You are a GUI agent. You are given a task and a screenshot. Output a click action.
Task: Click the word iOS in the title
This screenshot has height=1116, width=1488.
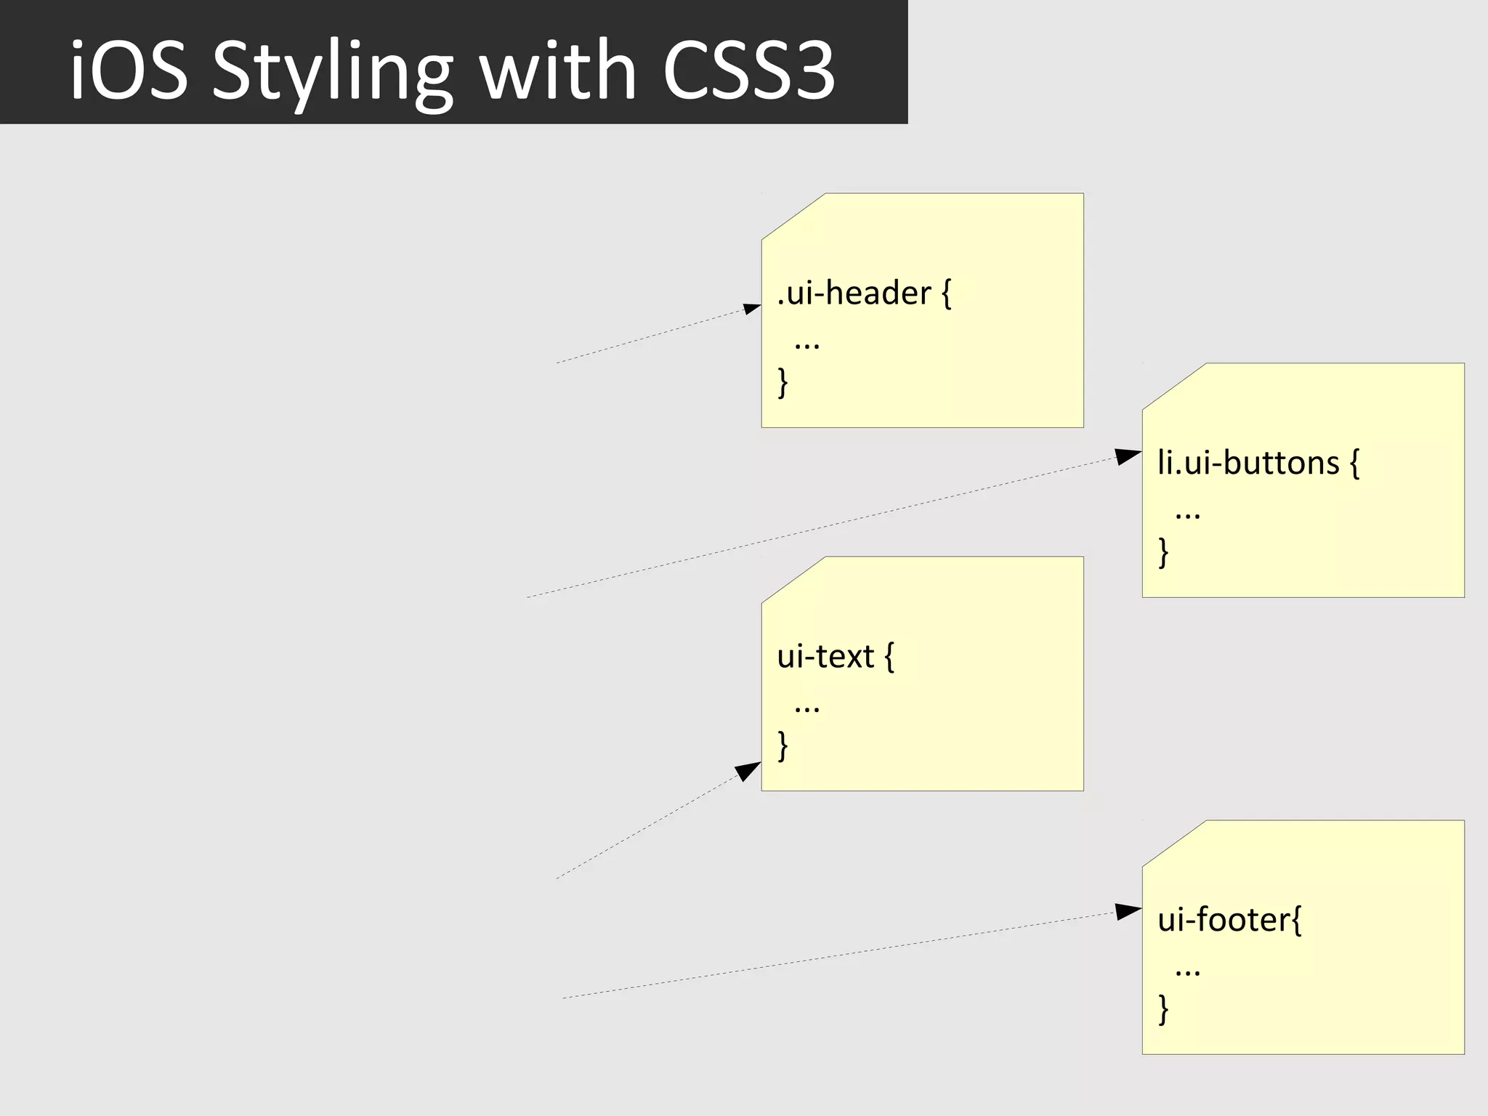click(129, 70)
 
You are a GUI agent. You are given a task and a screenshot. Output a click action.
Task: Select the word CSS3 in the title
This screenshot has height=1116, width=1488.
click(749, 70)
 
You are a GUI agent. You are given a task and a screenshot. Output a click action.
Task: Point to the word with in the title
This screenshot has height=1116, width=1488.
click(558, 70)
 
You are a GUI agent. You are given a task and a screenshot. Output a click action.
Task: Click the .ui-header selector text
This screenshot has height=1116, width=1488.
click(854, 294)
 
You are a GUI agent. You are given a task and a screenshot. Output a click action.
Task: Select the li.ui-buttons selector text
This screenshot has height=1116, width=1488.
click(1248, 463)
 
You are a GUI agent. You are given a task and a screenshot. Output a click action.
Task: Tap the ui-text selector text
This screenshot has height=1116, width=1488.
click(825, 657)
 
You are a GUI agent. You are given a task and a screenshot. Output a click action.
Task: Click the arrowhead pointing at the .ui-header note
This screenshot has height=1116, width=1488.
click(752, 309)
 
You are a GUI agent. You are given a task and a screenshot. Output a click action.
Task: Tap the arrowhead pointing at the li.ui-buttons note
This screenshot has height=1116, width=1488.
click(1128, 456)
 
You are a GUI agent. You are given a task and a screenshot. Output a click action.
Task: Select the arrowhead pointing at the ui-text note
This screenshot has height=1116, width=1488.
click(748, 771)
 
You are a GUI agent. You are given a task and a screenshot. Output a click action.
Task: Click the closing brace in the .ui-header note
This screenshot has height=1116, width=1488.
click(783, 382)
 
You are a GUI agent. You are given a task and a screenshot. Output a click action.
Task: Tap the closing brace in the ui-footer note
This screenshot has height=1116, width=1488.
click(1164, 1009)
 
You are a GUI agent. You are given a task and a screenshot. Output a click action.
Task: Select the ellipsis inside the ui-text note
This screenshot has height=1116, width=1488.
click(807, 706)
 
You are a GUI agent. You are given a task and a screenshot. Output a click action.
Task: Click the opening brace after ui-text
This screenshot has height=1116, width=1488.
click(889, 657)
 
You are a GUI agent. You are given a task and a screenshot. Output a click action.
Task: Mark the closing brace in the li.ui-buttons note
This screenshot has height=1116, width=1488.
click(1164, 552)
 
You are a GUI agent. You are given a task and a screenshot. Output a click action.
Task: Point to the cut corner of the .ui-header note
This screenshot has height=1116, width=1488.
click(793, 216)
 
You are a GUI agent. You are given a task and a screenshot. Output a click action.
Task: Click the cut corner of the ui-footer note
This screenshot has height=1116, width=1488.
click(1174, 843)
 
